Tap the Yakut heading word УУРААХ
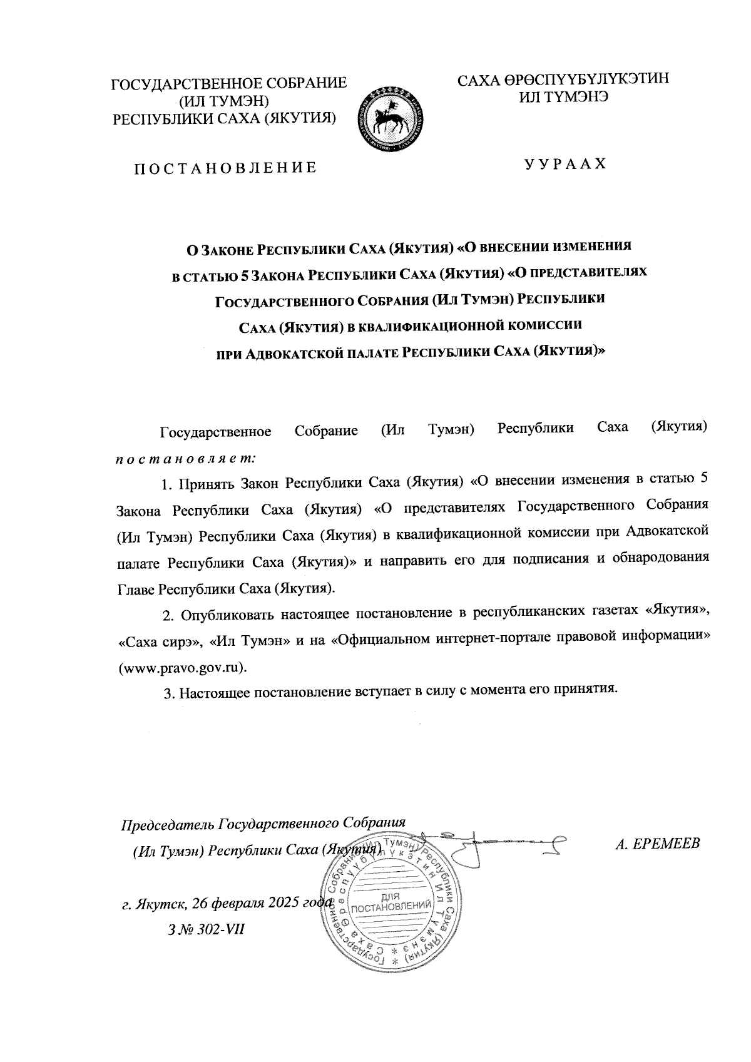pos(565,163)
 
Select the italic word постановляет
pos(185,458)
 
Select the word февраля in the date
pos(237,903)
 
